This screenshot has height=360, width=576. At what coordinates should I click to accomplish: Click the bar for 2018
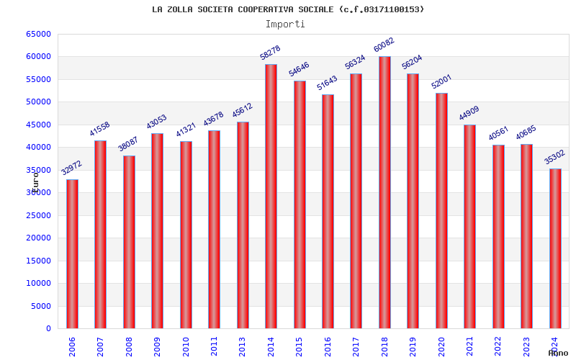[384, 192]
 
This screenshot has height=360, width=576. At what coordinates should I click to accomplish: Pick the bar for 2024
[555, 248]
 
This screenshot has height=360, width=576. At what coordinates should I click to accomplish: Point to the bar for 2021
[469, 226]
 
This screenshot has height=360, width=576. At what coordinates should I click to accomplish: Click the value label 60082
[384, 48]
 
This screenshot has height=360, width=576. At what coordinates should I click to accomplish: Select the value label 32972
[72, 170]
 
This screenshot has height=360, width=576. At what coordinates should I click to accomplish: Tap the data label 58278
[270, 53]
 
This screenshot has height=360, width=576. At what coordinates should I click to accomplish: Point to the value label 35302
[555, 158]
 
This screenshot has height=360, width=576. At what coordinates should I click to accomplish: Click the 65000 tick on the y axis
[39, 34]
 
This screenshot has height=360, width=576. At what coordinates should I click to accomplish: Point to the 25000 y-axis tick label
[39, 215]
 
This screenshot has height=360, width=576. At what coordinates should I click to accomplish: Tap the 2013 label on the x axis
[243, 346]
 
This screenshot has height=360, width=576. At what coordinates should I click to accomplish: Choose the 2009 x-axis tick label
[158, 346]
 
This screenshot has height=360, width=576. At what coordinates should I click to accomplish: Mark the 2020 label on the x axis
[442, 346]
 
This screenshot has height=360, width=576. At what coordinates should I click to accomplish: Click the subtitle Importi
[285, 24]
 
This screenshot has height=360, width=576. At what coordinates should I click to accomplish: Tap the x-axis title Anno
[558, 353]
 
